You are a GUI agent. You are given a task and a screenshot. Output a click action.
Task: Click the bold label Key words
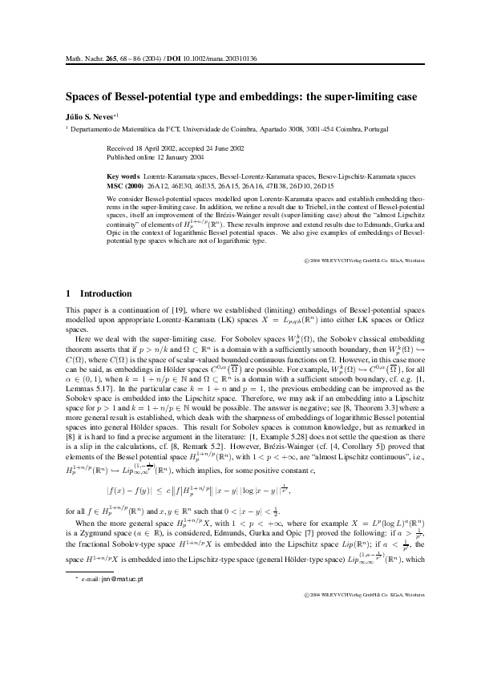click(123, 173)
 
